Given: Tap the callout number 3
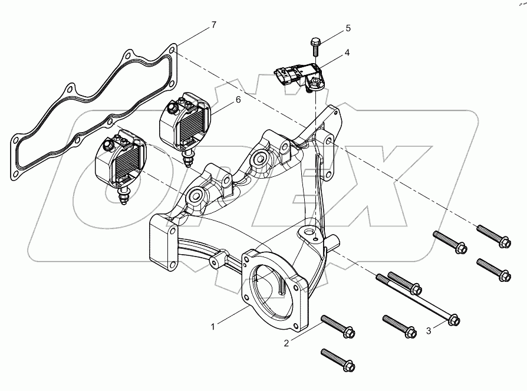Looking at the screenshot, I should [x=429, y=331].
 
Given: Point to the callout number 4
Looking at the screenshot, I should [x=347, y=52].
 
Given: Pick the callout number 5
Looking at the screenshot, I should [x=348, y=28].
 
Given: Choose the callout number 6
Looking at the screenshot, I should [x=238, y=100].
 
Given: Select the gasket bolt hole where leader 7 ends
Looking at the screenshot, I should [x=172, y=51].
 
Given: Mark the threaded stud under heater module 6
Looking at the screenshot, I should [x=190, y=156].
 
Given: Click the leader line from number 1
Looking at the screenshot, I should [x=232, y=315].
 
